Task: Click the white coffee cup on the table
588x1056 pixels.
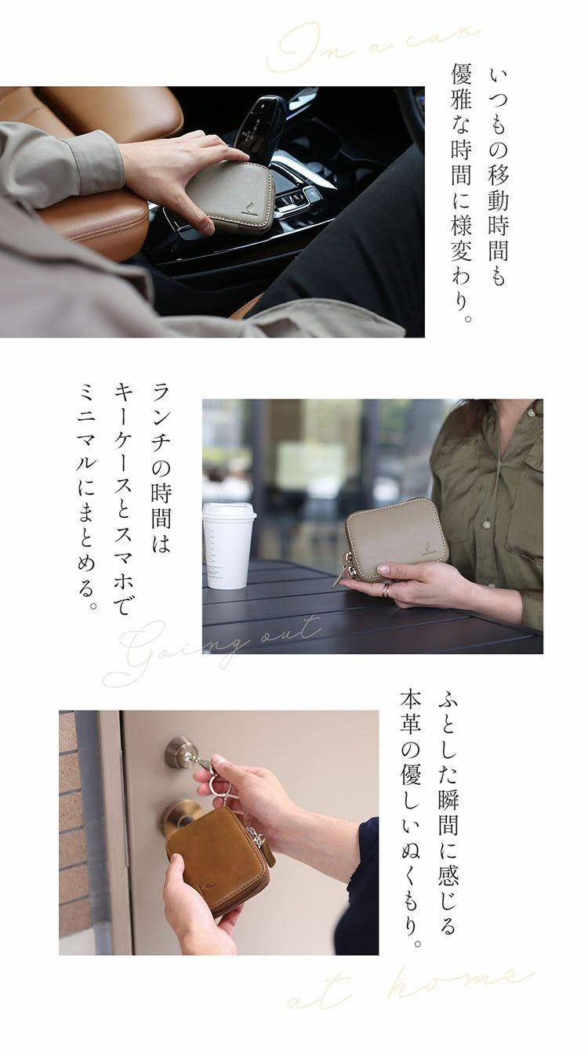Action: (229, 545)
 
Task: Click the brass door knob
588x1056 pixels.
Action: (176, 816)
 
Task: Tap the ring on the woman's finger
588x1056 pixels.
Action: (386, 590)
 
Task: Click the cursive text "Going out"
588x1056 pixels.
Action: (212, 650)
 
